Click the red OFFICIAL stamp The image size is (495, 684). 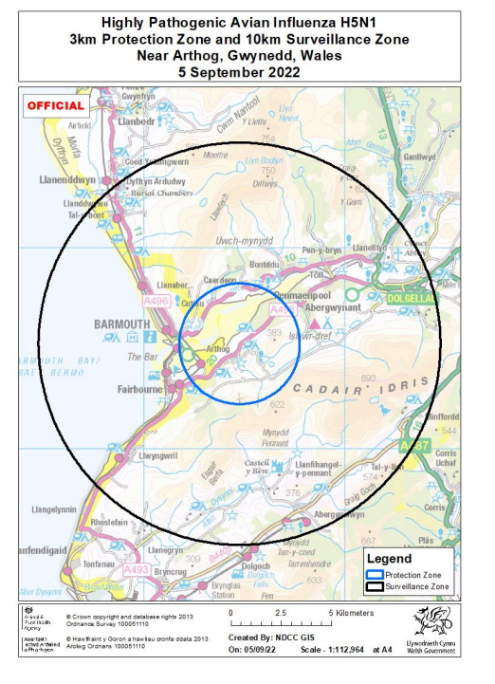56,105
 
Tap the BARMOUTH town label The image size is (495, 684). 122,324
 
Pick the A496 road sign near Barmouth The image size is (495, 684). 156,300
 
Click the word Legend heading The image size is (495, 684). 389,558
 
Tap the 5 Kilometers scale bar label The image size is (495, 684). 350,613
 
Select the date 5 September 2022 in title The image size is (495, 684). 246,69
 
